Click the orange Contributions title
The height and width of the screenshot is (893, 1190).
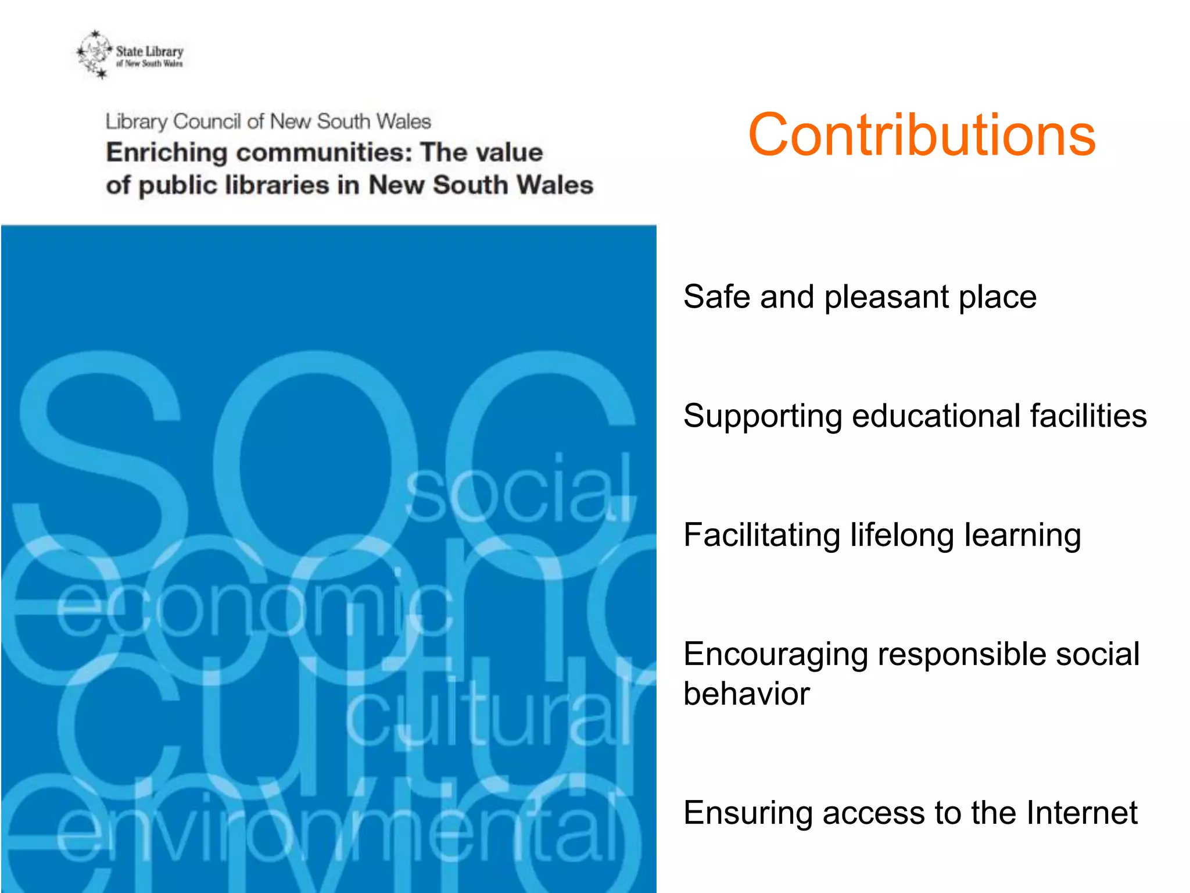922,135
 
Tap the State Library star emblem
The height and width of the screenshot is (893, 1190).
94,54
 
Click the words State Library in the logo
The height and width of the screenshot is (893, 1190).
149,51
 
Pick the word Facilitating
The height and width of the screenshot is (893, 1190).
762,535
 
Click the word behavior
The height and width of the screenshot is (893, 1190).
746,694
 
